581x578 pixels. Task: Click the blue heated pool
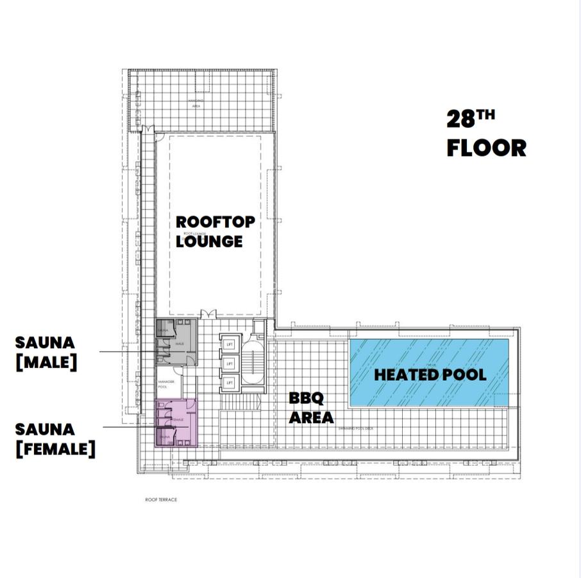[428, 372]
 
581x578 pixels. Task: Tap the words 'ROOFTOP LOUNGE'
[207, 231]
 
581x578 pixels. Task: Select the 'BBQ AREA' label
[311, 408]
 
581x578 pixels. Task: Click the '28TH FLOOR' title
[485, 134]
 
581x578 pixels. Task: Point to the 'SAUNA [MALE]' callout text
[46, 351]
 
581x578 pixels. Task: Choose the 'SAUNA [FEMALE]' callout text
[55, 439]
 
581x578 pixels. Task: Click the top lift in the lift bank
[229, 344]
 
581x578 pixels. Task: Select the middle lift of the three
[229, 364]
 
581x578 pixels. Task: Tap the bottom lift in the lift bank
[229, 383]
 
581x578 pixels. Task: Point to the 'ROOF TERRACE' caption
[161, 500]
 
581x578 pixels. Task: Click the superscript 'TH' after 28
[486, 115]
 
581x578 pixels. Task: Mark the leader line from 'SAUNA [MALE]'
[128, 351]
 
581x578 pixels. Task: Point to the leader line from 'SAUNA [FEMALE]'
[128, 426]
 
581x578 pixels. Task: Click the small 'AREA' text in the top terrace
[196, 106]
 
